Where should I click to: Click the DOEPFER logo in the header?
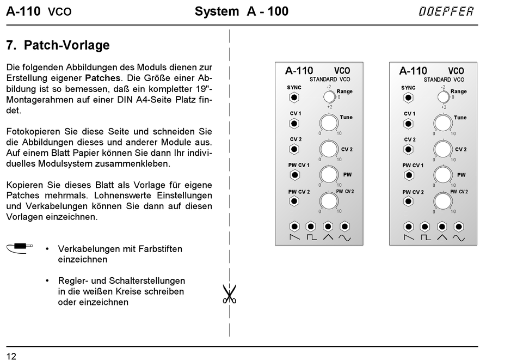tap(446, 11)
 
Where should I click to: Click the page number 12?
tap(11, 356)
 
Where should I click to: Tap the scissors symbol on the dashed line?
tap(229, 294)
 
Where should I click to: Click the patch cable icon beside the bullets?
tap(20, 248)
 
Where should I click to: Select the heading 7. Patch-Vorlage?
tap(58, 45)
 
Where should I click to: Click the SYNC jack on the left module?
tap(294, 98)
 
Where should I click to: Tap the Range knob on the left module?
tap(328, 97)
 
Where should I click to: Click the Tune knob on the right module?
tap(443, 123)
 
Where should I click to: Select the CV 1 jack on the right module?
tap(408, 124)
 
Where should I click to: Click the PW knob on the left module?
tap(329, 175)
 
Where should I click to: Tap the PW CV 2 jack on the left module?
tap(294, 201)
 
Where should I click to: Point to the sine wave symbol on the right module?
tap(459, 238)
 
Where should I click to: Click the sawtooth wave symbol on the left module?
tap(294, 238)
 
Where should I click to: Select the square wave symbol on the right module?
tap(425, 238)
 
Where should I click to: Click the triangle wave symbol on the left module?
tap(328, 238)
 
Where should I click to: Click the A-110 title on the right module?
tap(413, 71)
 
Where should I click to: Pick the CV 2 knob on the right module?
tap(443, 149)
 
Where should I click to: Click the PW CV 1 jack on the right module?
tap(408, 175)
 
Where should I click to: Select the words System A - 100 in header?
tap(242, 11)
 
